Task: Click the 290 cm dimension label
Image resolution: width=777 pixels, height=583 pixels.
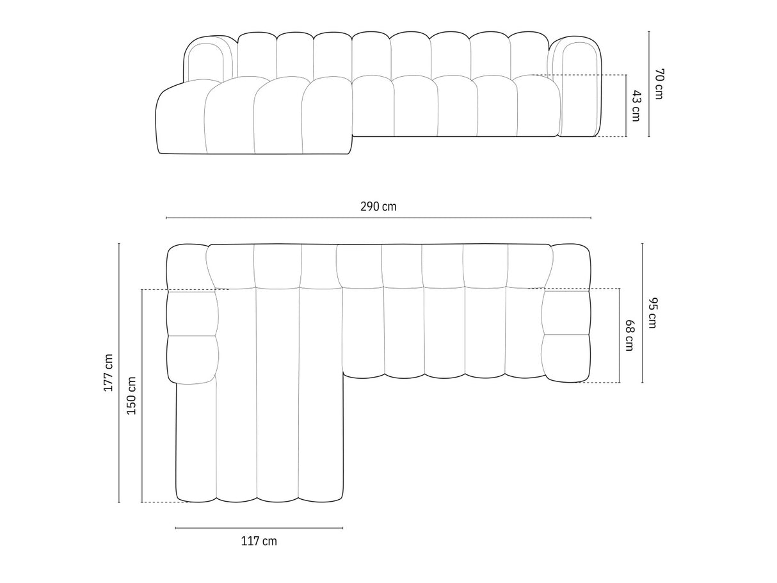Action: click(378, 206)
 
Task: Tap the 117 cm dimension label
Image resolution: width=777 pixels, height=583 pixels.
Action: click(259, 541)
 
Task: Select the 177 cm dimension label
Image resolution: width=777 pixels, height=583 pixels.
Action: click(108, 373)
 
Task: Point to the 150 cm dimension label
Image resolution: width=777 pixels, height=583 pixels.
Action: click(132, 396)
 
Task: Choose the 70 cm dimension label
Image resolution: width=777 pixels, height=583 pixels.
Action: click(659, 84)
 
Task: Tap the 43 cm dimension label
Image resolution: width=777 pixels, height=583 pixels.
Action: click(636, 106)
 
